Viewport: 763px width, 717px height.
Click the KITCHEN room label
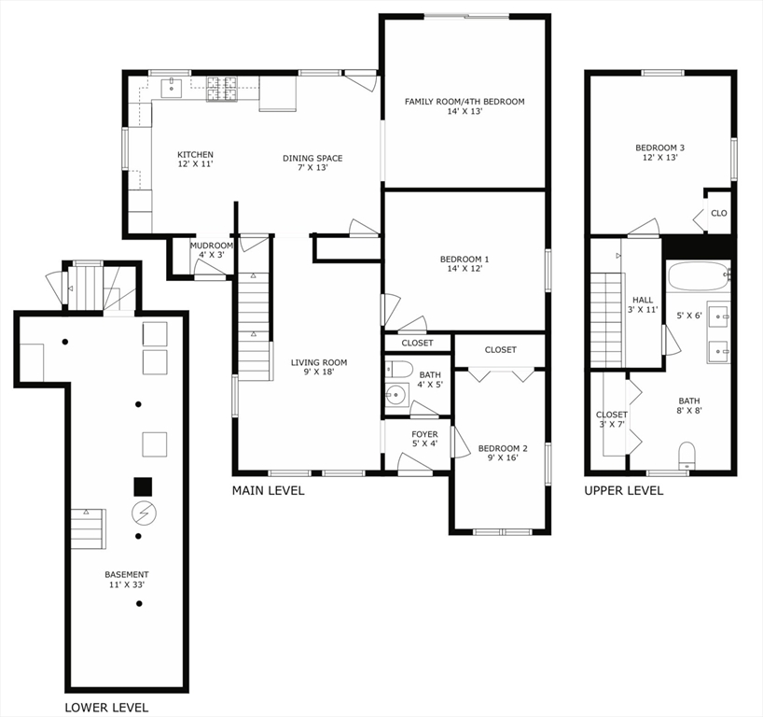click(196, 155)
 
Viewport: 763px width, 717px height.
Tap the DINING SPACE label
click(312, 159)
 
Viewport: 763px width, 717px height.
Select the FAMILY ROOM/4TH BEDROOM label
click(464, 102)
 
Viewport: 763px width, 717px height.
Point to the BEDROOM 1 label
click(465, 260)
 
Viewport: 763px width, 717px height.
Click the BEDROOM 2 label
click(503, 449)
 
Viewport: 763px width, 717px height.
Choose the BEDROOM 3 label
click(660, 148)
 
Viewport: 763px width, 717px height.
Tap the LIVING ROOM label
click(318, 363)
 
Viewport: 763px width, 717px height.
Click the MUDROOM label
click(212, 246)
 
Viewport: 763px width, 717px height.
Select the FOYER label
click(424, 434)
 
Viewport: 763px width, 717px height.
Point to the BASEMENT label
click(126, 575)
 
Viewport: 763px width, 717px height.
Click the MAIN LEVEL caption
click(268, 490)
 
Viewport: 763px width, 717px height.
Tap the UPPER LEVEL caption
click(624, 490)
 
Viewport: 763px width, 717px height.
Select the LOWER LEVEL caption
click(105, 708)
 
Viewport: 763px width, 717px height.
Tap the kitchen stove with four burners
click(222, 89)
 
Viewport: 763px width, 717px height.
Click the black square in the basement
click(143, 486)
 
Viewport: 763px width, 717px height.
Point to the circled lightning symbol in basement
click(144, 512)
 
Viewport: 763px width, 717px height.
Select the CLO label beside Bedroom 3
click(719, 213)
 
